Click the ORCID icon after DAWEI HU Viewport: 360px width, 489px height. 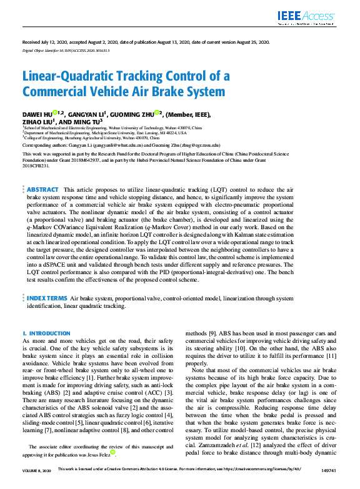[x=56, y=113]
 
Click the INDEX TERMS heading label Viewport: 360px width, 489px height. [x=47, y=299]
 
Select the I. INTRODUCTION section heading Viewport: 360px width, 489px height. [x=46, y=334]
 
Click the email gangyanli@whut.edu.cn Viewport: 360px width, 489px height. [x=98, y=144]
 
